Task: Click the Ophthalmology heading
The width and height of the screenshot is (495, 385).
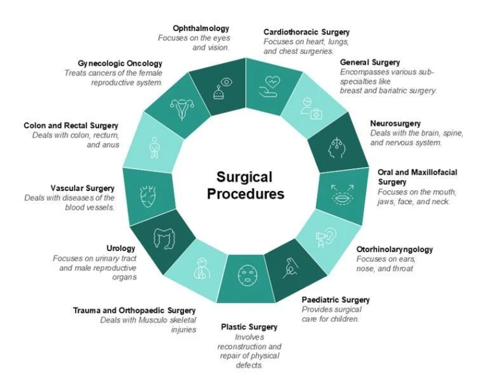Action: click(x=201, y=28)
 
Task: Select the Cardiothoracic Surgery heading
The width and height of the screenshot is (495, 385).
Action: click(x=306, y=32)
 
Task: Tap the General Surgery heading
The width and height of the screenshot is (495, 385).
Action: click(x=370, y=62)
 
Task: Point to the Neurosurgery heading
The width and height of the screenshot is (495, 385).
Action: click(x=395, y=124)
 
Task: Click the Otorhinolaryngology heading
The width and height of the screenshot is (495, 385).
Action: click(x=395, y=249)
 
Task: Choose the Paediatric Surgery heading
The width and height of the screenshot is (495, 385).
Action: click(x=335, y=300)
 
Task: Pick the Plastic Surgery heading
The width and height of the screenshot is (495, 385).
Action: click(x=249, y=327)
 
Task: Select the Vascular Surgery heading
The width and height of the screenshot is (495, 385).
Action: click(x=83, y=188)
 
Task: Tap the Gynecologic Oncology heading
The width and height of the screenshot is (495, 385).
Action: click(x=120, y=63)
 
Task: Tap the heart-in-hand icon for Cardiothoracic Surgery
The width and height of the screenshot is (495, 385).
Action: click(x=270, y=84)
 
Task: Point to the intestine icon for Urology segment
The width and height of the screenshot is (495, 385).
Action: click(x=164, y=237)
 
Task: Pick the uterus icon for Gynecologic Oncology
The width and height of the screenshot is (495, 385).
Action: click(x=182, y=109)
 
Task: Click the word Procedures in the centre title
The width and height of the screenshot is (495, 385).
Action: click(x=245, y=195)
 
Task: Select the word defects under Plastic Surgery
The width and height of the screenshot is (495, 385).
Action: click(x=249, y=365)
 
